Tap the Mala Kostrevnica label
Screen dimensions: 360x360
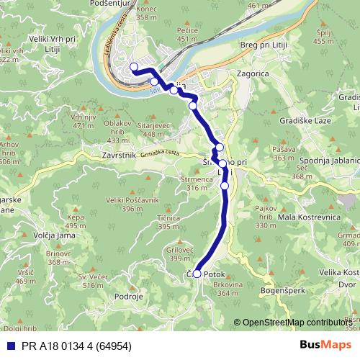pyautogui.click(x=314, y=216)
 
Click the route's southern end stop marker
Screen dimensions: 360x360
pyautogui.click(x=197, y=274)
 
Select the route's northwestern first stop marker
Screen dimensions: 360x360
pyautogui.click(x=133, y=68)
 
